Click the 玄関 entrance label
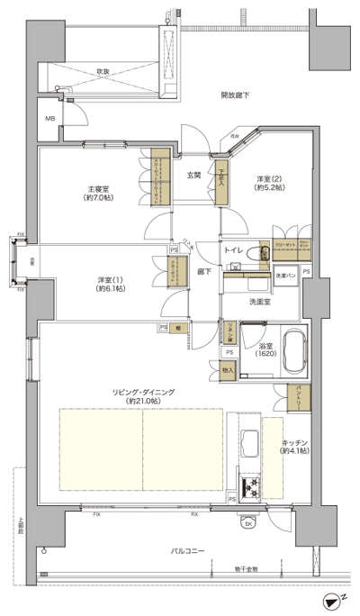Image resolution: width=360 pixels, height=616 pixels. (x=193, y=173)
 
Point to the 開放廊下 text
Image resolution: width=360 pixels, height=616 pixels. (x=236, y=95)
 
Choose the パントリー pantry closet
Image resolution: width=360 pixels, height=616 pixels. (x=293, y=394)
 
